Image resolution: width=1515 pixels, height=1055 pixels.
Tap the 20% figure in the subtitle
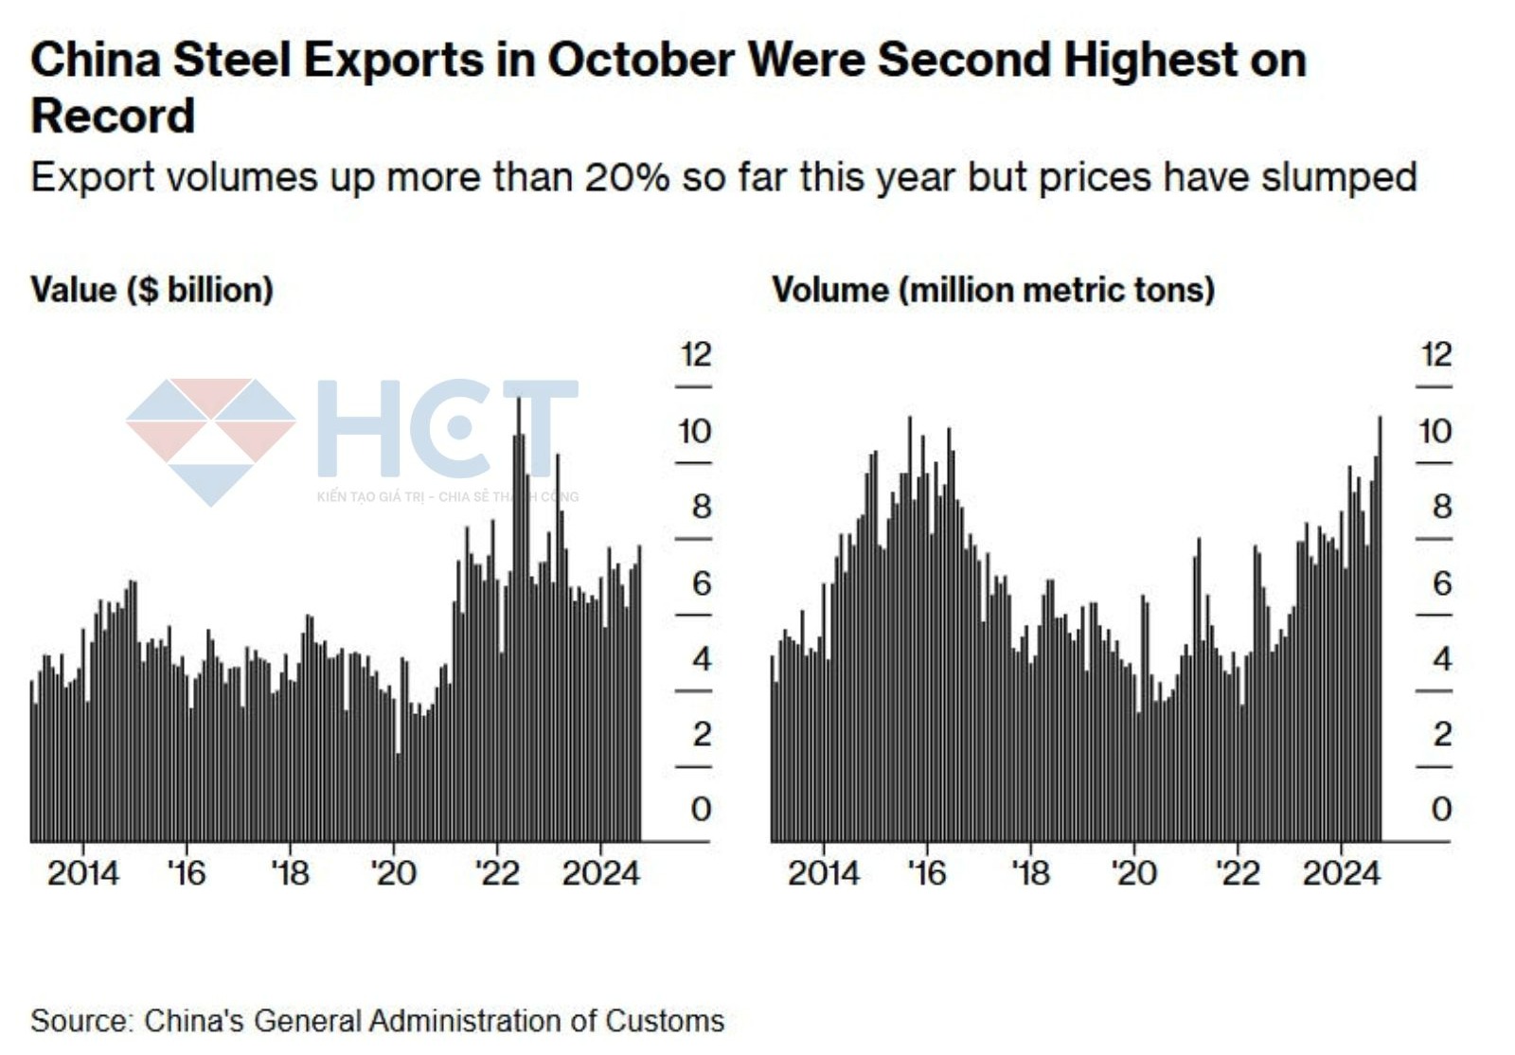[627, 178]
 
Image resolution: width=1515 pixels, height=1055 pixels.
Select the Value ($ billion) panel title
[151, 290]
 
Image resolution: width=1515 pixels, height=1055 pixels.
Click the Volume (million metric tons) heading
[992, 290]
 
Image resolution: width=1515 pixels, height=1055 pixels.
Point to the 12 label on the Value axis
[695, 355]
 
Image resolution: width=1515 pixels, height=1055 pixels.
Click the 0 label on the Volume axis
[1440, 810]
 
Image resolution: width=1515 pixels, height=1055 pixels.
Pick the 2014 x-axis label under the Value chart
[83, 873]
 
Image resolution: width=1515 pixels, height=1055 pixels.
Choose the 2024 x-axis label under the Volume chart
[1341, 873]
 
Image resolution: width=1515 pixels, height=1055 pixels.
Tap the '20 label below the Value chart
[393, 873]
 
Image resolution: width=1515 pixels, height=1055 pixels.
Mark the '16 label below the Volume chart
[926, 873]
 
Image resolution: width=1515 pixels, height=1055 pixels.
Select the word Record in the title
[113, 117]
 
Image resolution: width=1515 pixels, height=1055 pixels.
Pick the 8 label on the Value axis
[701, 508]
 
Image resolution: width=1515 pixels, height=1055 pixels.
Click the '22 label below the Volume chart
[1237, 873]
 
